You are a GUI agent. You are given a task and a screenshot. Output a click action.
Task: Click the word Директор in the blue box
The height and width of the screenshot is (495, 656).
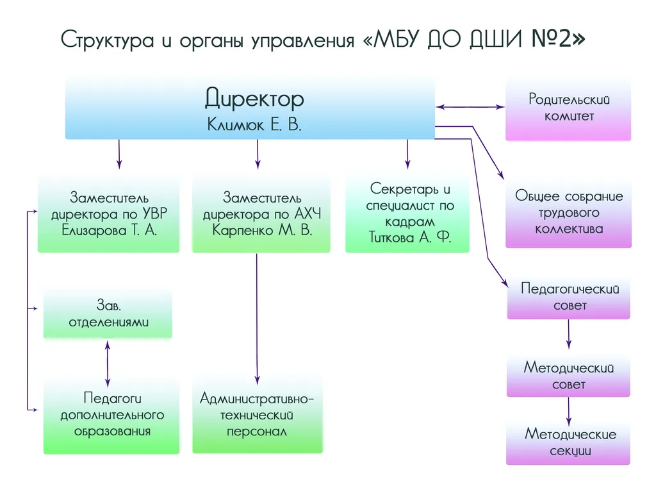point(254,99)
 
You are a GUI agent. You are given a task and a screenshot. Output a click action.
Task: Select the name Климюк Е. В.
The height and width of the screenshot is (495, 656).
point(254,124)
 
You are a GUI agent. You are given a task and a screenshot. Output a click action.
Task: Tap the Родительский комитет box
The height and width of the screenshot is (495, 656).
point(569,108)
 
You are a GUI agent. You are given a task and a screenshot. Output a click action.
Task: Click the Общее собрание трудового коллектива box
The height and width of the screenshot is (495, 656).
point(569,212)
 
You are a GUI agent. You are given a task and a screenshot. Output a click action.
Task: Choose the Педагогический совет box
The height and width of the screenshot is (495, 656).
point(569,297)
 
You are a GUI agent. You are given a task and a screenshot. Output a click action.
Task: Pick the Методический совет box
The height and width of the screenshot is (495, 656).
point(569,376)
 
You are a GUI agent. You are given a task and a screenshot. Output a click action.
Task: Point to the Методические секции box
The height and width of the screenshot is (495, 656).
point(569,442)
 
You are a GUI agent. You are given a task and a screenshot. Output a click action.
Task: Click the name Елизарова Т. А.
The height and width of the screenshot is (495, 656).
point(110,230)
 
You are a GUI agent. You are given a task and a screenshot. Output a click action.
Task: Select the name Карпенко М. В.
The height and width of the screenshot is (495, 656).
point(262,230)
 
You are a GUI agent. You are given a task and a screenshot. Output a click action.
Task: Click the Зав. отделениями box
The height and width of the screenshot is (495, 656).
point(108,314)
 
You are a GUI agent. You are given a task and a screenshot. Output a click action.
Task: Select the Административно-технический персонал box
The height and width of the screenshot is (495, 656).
point(257,415)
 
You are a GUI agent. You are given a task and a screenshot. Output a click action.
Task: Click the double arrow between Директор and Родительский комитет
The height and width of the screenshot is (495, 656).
point(470,106)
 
